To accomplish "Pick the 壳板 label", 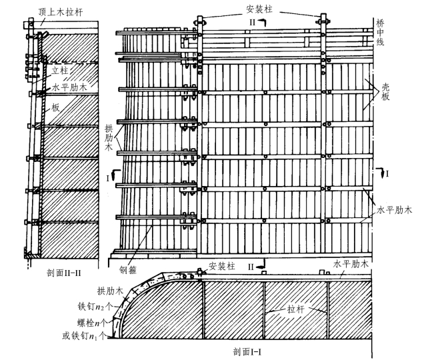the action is tap(385, 92).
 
